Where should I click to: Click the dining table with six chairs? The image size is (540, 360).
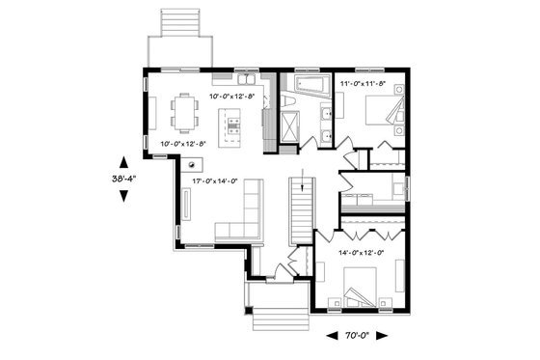[x=182, y=112]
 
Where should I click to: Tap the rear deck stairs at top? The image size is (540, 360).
[x=176, y=21]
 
